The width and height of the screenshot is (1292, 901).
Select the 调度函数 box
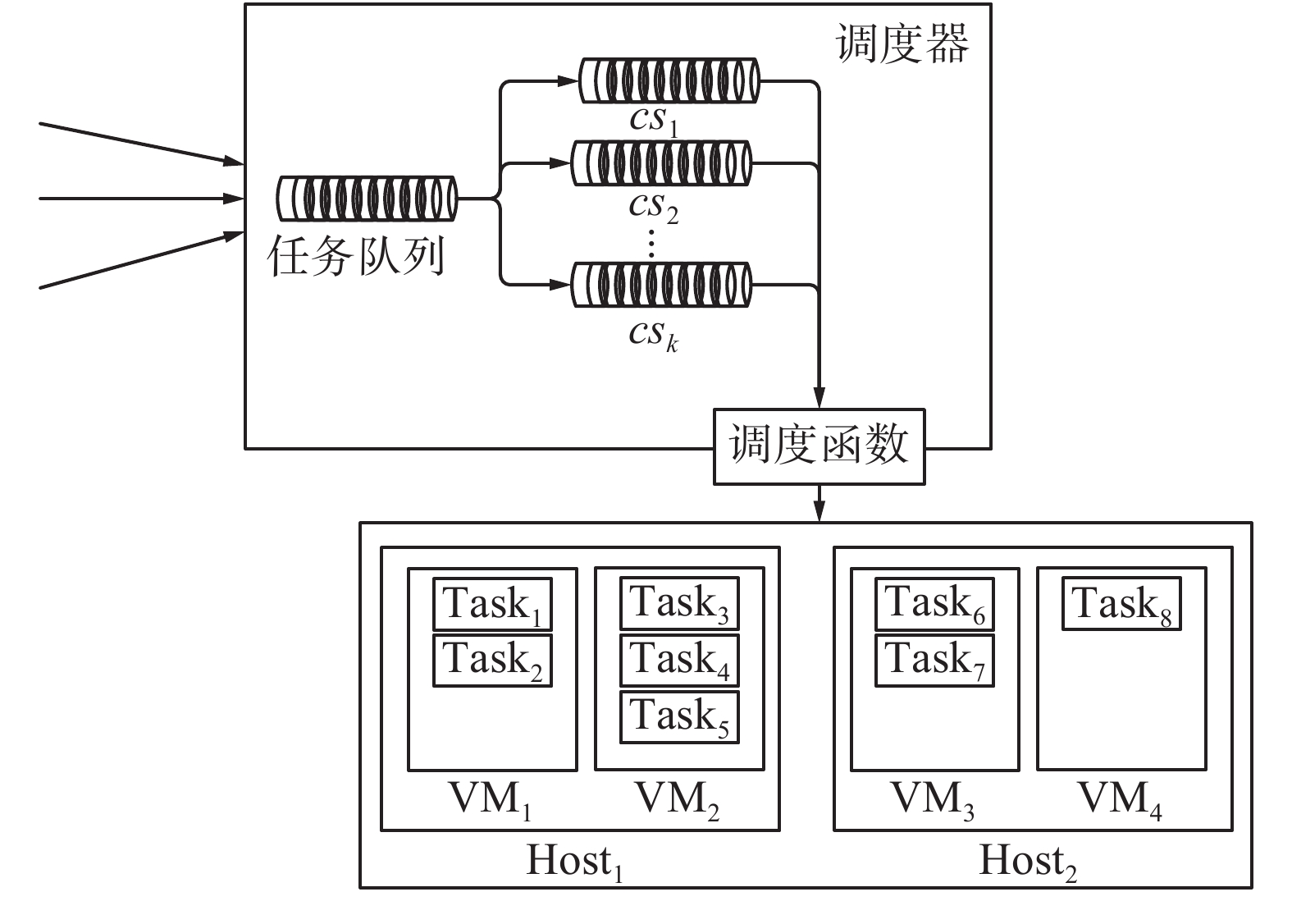click(819, 446)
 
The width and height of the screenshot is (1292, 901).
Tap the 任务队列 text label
click(356, 256)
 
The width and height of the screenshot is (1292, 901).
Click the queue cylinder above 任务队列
click(367, 199)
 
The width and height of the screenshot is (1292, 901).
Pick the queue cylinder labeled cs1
click(669, 80)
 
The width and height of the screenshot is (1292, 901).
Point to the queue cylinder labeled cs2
click(660, 163)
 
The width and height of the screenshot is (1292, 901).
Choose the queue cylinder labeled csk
click(660, 285)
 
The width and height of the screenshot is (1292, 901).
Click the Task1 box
click(492, 605)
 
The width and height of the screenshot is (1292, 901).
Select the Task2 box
click(492, 660)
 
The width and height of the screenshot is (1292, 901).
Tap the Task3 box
click(679, 603)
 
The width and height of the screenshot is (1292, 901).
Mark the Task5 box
click(679, 716)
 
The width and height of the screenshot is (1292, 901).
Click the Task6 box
click(934, 603)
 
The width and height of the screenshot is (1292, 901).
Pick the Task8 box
click(1121, 605)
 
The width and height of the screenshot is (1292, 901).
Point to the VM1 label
click(491, 798)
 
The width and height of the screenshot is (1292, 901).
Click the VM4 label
click(1121, 798)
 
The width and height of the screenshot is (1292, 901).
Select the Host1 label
click(574, 862)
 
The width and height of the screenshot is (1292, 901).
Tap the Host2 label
click(1028, 862)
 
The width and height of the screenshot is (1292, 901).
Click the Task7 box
click(934, 660)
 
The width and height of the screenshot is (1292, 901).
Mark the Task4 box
click(679, 660)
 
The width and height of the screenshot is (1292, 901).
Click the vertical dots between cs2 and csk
click(651, 243)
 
